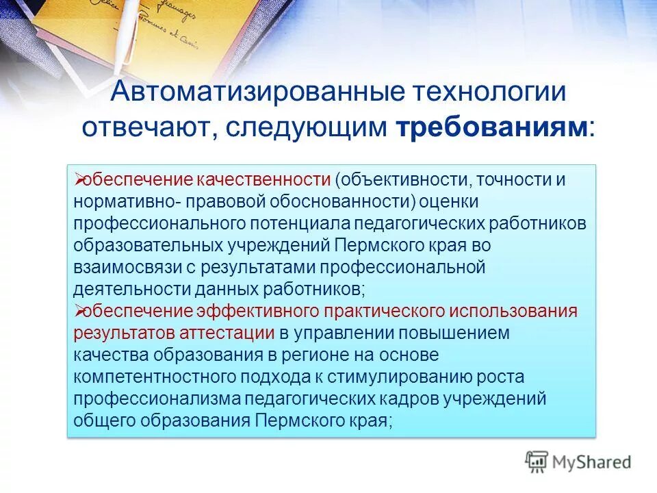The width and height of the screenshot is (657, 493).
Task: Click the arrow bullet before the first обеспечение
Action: [x=77, y=180]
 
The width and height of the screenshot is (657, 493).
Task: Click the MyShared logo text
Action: [x=593, y=462]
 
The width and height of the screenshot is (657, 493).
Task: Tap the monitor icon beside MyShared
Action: [x=537, y=462]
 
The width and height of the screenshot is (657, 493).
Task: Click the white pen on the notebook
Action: [x=125, y=31]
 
